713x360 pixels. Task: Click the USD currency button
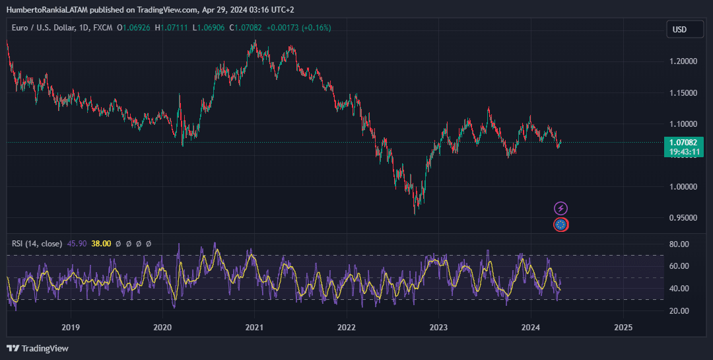click(x=679, y=29)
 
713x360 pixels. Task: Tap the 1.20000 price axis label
click(x=683, y=61)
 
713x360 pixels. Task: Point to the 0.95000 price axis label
click(x=683, y=218)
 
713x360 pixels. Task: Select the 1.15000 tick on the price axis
click(x=683, y=93)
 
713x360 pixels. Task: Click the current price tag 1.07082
click(x=683, y=142)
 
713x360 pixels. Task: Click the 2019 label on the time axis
click(x=71, y=327)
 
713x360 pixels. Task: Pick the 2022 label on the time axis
click(x=347, y=327)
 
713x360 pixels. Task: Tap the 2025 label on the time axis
click(x=623, y=327)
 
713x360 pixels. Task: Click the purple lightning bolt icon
click(x=560, y=209)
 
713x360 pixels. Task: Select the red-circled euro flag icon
click(x=560, y=225)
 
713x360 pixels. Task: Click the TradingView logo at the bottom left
click(x=38, y=348)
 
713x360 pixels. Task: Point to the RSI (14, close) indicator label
click(x=37, y=244)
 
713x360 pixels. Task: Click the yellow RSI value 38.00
click(x=101, y=244)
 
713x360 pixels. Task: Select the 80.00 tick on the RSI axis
click(x=679, y=244)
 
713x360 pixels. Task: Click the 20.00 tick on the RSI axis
click(x=679, y=311)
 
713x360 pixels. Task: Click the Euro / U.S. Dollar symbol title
click(x=51, y=28)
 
